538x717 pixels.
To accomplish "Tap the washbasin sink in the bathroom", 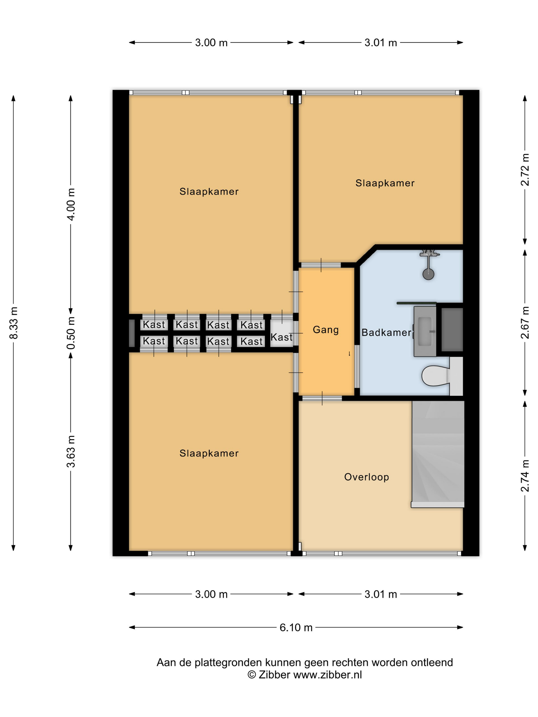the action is pyautogui.click(x=425, y=331).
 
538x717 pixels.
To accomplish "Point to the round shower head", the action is pyautogui.click(x=428, y=274).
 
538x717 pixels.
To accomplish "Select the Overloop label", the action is pyautogui.click(x=366, y=477).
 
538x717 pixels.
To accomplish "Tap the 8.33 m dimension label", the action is pyautogui.click(x=14, y=323).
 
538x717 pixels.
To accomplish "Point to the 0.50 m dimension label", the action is pyautogui.click(x=71, y=333).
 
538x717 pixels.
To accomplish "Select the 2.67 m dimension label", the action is pyautogui.click(x=525, y=322).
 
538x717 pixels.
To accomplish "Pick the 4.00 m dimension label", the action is pyautogui.click(x=71, y=204).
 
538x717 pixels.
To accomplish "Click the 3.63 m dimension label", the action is pyautogui.click(x=71, y=451).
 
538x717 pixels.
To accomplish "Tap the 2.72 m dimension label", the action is pyautogui.click(x=525, y=170).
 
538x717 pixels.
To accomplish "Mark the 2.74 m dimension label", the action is pyautogui.click(x=525, y=476).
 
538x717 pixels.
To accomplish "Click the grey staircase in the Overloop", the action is pyautogui.click(x=438, y=454).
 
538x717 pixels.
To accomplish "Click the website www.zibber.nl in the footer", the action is pyautogui.click(x=327, y=674).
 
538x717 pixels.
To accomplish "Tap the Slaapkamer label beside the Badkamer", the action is pyautogui.click(x=385, y=183).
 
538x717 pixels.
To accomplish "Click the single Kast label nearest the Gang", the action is pyautogui.click(x=282, y=337).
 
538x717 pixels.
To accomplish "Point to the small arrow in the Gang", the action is pyautogui.click(x=349, y=354).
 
